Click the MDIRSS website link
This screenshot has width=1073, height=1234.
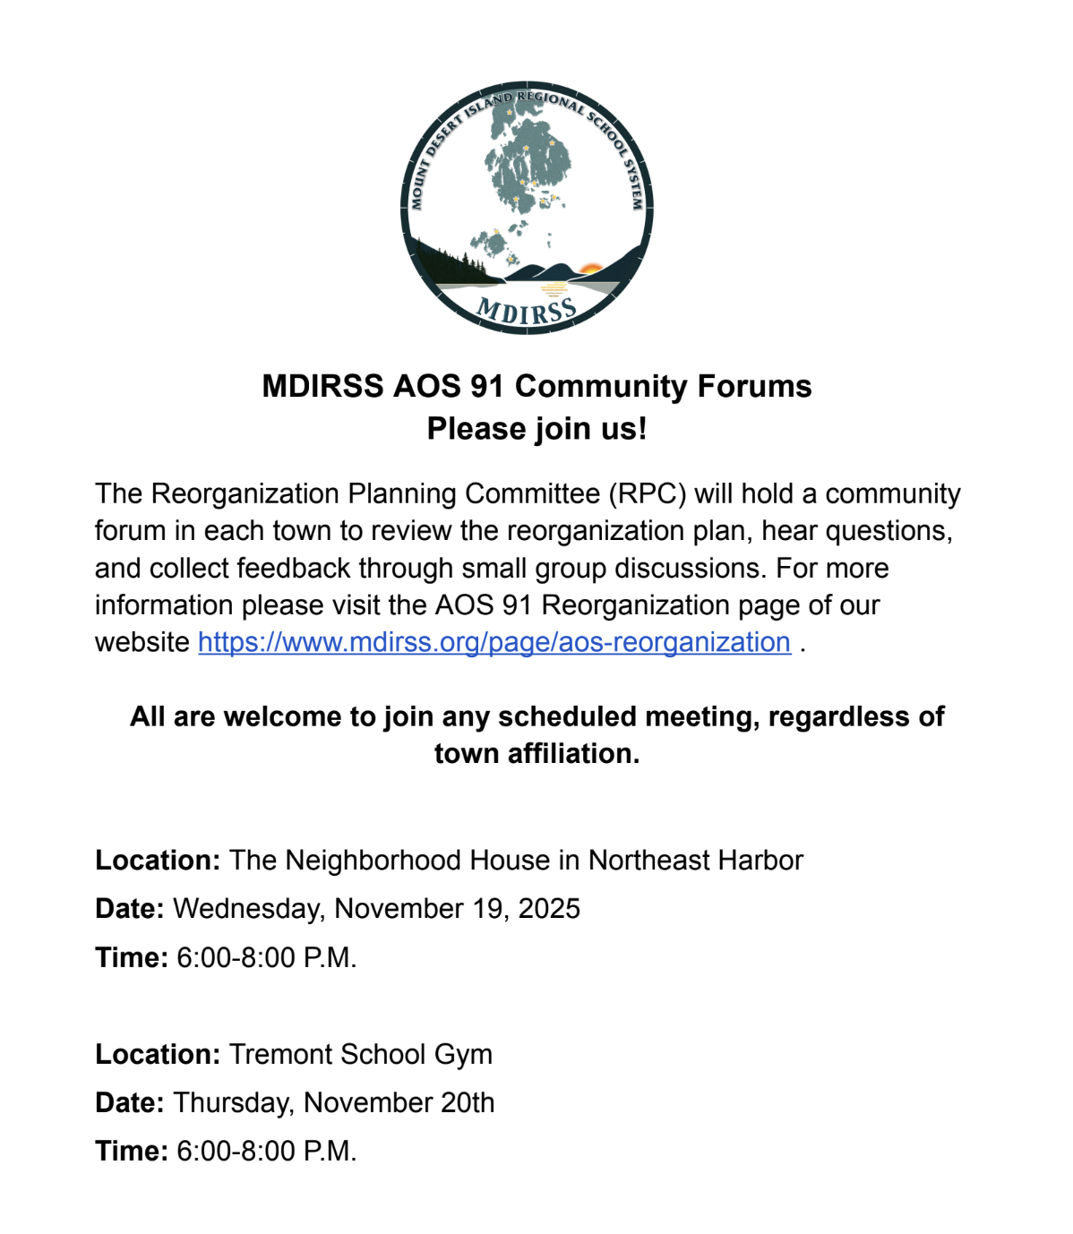(x=494, y=642)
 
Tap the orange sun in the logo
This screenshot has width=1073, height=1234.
(x=590, y=268)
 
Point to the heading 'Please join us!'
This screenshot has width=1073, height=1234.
(x=536, y=429)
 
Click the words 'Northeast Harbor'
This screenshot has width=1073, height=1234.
(x=695, y=860)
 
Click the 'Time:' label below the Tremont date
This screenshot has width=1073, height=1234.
(x=132, y=1151)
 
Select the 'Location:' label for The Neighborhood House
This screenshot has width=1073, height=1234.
(x=158, y=860)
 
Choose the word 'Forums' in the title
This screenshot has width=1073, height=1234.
(x=754, y=386)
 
